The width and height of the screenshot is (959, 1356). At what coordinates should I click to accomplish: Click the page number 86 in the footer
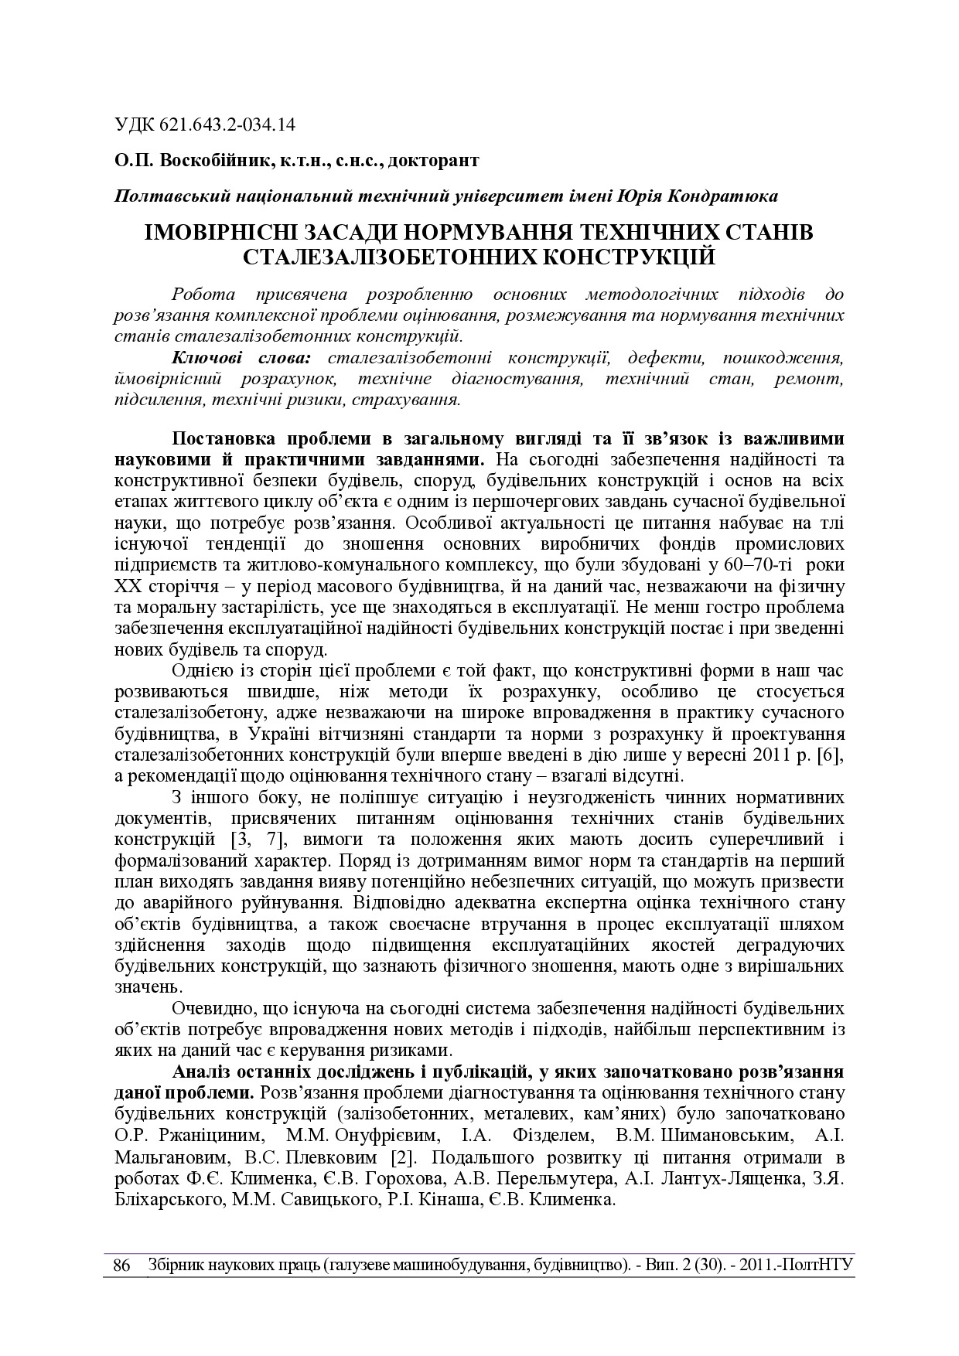click(x=121, y=1266)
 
